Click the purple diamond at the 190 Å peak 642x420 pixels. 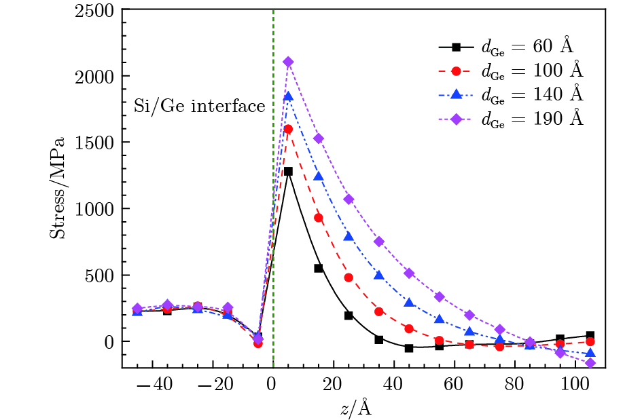point(288,62)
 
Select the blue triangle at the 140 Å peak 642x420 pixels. point(288,96)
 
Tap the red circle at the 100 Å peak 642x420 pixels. point(288,129)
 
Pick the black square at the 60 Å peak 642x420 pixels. point(288,172)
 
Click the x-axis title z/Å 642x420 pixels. point(356,408)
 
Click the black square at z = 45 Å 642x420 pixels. point(409,348)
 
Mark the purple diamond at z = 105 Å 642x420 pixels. point(590,363)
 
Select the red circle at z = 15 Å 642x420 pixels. point(319,218)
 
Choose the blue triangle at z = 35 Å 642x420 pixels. point(379,275)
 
